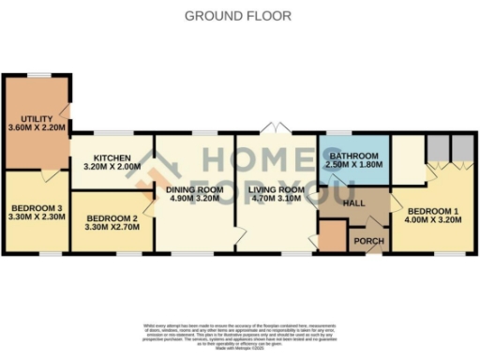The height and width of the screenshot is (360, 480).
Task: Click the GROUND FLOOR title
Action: [x=238, y=16]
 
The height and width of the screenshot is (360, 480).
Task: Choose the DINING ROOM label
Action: [x=195, y=190]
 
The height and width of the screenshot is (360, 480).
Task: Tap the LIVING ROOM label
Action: [x=277, y=190]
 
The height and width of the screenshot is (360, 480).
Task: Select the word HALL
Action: [x=354, y=202]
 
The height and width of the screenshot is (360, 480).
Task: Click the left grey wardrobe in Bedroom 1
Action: [x=437, y=148]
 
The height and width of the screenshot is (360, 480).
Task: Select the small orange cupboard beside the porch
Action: [x=331, y=237]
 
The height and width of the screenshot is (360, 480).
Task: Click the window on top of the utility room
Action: [x=38, y=74]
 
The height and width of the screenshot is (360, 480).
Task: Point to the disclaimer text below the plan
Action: [x=239, y=335]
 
